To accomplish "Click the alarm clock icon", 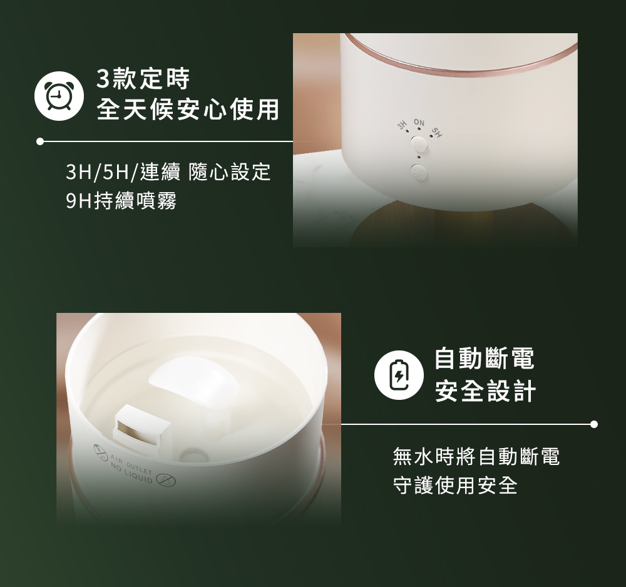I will [59, 97].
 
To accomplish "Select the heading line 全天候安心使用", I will [187, 110].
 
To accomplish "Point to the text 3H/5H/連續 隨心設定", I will [168, 171].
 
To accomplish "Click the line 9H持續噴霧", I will [121, 201].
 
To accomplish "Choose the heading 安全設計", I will [485, 392].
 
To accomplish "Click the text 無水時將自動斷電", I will [476, 457].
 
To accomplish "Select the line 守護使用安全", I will [455, 486].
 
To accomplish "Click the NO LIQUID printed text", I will [131, 476].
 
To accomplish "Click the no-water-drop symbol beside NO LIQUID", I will [167, 481].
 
